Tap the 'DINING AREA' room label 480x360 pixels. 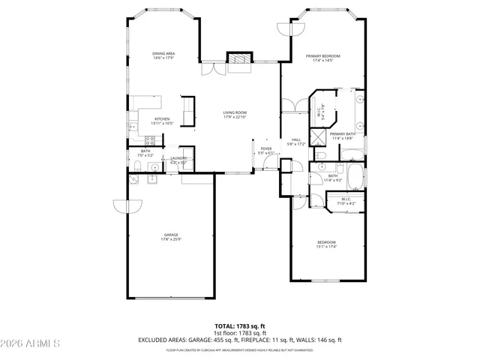[x=164, y=54]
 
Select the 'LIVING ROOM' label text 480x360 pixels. [x=235, y=113]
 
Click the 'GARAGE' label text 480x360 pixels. [x=171, y=235]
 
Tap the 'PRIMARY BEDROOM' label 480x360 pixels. [x=322, y=56]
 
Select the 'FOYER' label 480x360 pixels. [x=266, y=148]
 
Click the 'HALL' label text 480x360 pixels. [x=296, y=139]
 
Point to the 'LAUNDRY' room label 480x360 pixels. [x=178, y=157]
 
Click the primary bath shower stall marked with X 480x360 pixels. [x=318, y=136]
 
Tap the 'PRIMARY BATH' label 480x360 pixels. [x=341, y=133]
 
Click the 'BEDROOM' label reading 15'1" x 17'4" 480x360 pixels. [x=325, y=242]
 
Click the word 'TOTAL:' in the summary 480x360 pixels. [x=225, y=325]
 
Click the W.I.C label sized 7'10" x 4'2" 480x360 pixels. [x=346, y=199]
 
